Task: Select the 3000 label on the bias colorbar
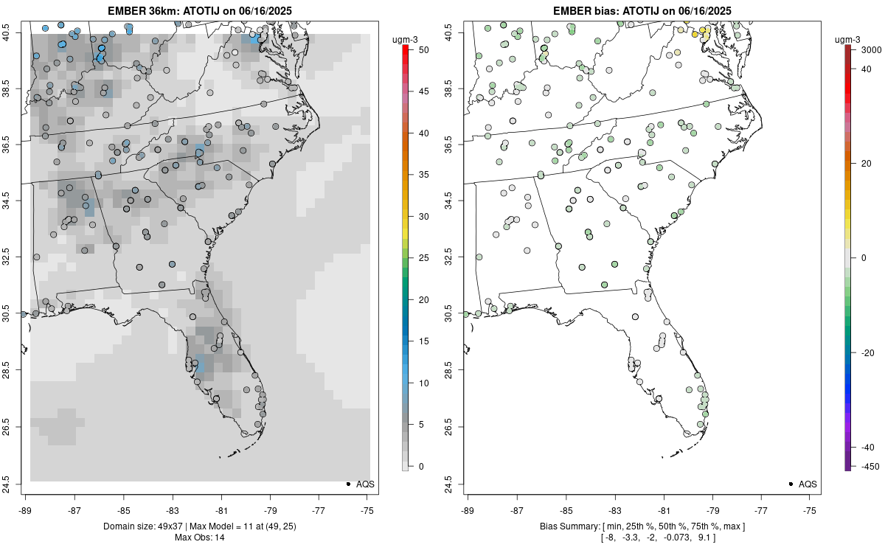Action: tap(867, 50)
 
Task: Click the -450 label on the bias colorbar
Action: tap(867, 466)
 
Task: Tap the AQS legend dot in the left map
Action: tap(347, 484)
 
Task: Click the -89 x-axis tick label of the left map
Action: tap(25, 509)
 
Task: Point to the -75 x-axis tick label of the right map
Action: tap(810, 509)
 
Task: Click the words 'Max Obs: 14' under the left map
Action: tap(199, 538)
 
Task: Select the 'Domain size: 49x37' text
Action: tap(133, 526)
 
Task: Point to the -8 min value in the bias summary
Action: tap(611, 538)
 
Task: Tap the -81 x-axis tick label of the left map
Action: tap(221, 509)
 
